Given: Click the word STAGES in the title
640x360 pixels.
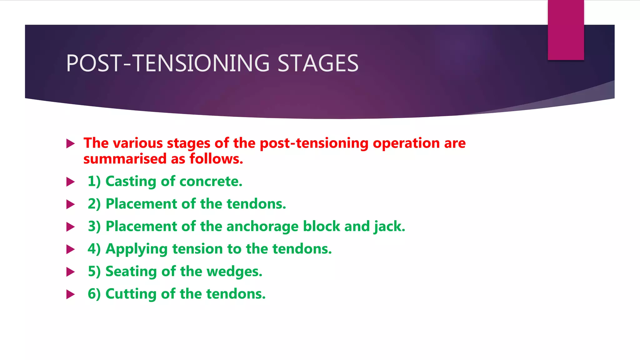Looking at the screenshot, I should click(318, 63).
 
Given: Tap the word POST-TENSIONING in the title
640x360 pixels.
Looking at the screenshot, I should click(168, 63).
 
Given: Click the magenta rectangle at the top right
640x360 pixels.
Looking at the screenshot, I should click(566, 30).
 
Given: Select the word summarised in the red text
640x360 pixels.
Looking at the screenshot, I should click(125, 159).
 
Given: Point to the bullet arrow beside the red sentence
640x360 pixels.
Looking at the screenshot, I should click(71, 144).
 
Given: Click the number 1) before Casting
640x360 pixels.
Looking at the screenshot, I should click(94, 182).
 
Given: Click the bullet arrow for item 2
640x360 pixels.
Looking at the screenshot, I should click(71, 205).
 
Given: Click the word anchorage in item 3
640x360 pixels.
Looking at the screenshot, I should click(262, 227).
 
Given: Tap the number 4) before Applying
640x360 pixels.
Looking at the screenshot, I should click(94, 249).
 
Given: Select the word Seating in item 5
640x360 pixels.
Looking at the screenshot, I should click(131, 272).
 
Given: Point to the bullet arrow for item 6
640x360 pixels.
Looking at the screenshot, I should click(71, 294).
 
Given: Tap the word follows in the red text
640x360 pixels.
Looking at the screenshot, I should click(216, 159).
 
